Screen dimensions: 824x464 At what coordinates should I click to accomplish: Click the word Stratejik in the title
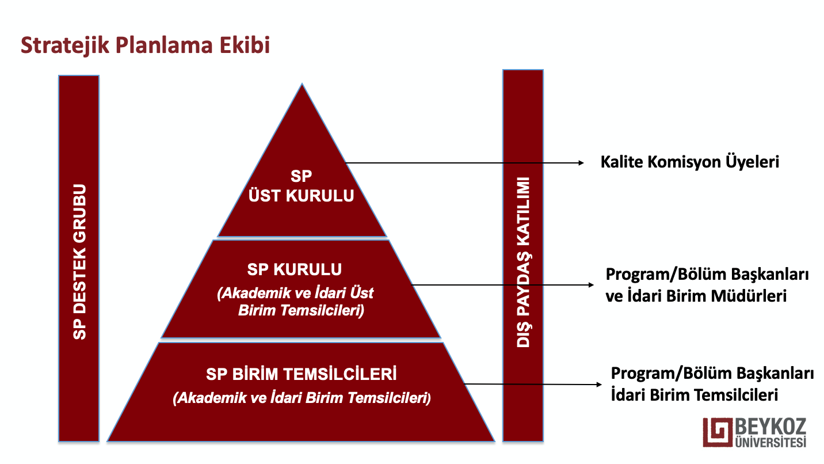click(65, 45)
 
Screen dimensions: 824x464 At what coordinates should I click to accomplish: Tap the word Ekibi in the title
click(245, 45)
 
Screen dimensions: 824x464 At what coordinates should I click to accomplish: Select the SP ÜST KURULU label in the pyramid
click(302, 186)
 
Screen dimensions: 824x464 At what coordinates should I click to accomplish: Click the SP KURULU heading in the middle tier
click(294, 270)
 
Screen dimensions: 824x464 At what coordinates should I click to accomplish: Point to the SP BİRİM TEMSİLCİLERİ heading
click(302, 374)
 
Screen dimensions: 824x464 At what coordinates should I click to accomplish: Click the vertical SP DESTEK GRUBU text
click(79, 261)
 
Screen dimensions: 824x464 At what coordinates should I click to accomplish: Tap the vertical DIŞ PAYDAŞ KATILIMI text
click(524, 263)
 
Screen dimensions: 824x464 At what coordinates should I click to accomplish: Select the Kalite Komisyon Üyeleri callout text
click(690, 162)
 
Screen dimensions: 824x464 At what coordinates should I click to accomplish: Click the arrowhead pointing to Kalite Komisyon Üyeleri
click(581, 163)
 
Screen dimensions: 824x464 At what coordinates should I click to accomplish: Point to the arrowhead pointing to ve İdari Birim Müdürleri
click(591, 285)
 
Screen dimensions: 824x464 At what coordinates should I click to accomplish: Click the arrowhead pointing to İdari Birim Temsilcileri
click(599, 385)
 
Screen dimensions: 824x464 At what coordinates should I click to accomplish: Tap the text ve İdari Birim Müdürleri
click(696, 296)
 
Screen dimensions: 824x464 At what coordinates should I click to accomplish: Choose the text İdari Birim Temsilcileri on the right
click(695, 395)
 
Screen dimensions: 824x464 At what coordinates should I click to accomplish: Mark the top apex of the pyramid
click(302, 84)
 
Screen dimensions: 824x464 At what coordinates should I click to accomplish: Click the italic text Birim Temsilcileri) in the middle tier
click(301, 310)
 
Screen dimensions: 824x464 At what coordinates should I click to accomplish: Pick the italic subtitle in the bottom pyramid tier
click(302, 398)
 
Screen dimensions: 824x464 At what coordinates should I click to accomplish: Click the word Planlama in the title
click(164, 45)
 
